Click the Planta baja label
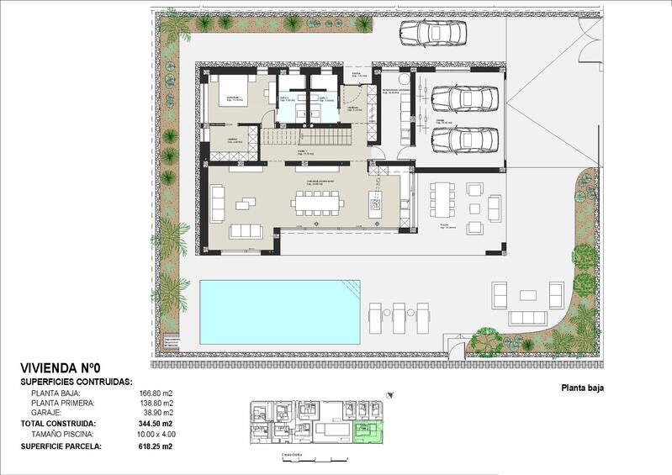point(582,388)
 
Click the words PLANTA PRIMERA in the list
point(61,403)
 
